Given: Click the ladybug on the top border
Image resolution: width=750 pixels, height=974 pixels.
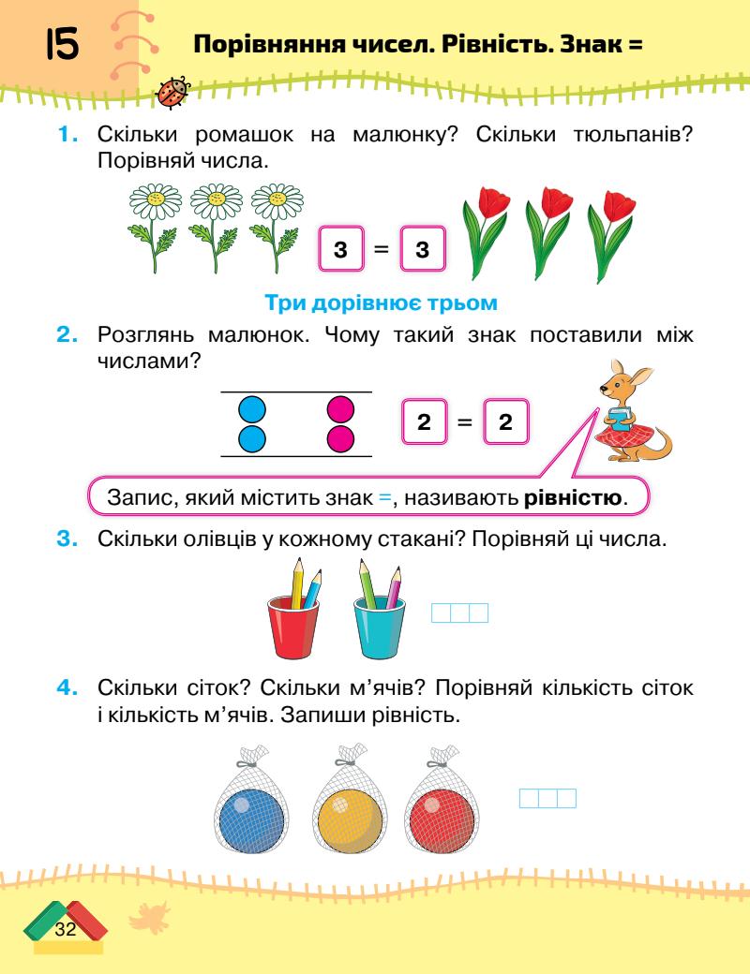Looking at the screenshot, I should (x=175, y=91).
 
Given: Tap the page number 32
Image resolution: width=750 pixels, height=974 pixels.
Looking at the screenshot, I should (x=66, y=929).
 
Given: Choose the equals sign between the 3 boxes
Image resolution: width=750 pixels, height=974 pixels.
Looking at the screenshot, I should (x=381, y=250).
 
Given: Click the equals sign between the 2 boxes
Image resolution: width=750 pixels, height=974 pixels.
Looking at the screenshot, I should (x=463, y=423).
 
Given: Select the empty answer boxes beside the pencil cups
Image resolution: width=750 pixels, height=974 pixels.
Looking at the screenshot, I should (x=459, y=613).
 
